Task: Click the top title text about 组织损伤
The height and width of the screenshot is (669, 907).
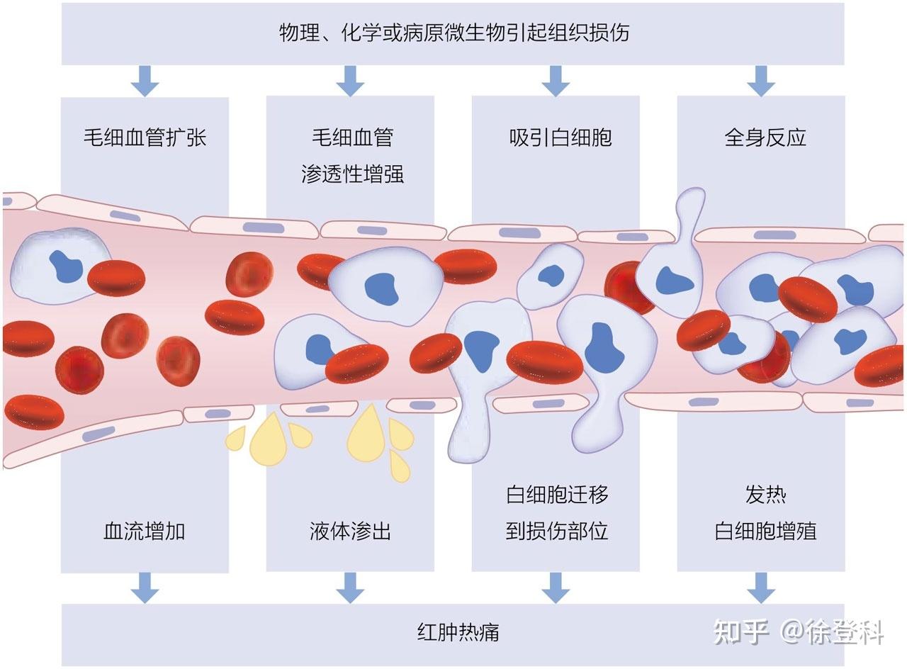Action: click(453, 33)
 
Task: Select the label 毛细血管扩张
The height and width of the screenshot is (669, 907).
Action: click(145, 137)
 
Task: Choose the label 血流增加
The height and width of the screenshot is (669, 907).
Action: click(145, 531)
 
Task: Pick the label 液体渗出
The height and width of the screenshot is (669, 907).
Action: click(350, 531)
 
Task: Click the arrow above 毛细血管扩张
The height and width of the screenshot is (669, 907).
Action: click(145, 81)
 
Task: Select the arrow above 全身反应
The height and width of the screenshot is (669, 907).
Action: click(762, 81)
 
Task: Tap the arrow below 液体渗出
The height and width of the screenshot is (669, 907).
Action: click(350, 587)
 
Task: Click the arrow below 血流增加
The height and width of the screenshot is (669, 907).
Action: click(145, 587)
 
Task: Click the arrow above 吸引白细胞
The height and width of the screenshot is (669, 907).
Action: click(556, 81)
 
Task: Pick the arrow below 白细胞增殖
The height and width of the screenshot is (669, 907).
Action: click(762, 587)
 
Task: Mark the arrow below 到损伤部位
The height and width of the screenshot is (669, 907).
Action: click(556, 587)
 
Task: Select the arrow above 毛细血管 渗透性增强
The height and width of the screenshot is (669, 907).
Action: click(350, 81)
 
